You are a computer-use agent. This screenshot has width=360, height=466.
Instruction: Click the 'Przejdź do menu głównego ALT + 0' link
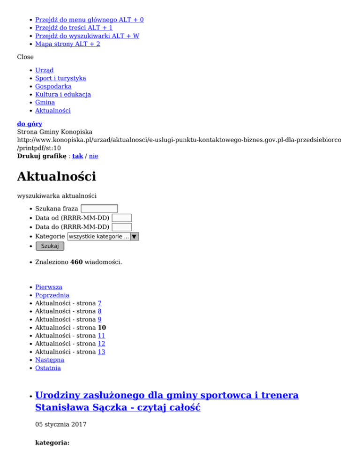pyautogui.click(x=90, y=20)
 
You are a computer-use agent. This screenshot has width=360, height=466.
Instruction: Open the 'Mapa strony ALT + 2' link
pyautogui.click(x=67, y=44)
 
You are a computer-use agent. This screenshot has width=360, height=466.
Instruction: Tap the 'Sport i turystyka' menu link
pyautogui.click(x=60, y=78)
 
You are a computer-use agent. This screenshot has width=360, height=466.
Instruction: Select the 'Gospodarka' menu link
pyautogui.click(x=53, y=86)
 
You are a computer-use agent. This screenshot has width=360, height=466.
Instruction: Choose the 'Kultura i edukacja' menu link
pyautogui.click(x=63, y=94)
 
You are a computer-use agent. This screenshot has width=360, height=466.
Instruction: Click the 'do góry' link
pyautogui.click(x=30, y=124)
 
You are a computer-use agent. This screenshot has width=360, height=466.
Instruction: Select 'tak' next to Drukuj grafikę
pyautogui.click(x=77, y=156)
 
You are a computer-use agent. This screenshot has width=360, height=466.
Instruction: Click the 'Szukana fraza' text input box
pyautogui.click(x=99, y=209)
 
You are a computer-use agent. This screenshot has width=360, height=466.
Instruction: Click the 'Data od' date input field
pyautogui.click(x=122, y=218)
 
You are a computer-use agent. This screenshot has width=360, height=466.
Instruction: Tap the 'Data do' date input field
pyautogui.click(x=122, y=227)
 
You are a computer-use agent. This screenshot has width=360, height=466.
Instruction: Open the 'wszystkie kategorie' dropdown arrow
pyautogui.click(x=135, y=237)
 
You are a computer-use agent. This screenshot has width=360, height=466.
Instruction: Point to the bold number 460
pyautogui.click(x=76, y=262)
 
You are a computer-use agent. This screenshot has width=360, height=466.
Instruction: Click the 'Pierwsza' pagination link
pyautogui.click(x=49, y=287)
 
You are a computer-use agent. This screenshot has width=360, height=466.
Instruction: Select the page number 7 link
pyautogui.click(x=100, y=303)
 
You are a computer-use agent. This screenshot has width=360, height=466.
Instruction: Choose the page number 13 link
pyautogui.click(x=101, y=352)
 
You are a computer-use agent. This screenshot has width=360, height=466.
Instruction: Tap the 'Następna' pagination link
pyautogui.click(x=50, y=360)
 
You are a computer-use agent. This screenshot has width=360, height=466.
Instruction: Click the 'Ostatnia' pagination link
pyautogui.click(x=48, y=368)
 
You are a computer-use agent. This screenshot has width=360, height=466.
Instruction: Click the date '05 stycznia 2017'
pyautogui.click(x=60, y=425)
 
